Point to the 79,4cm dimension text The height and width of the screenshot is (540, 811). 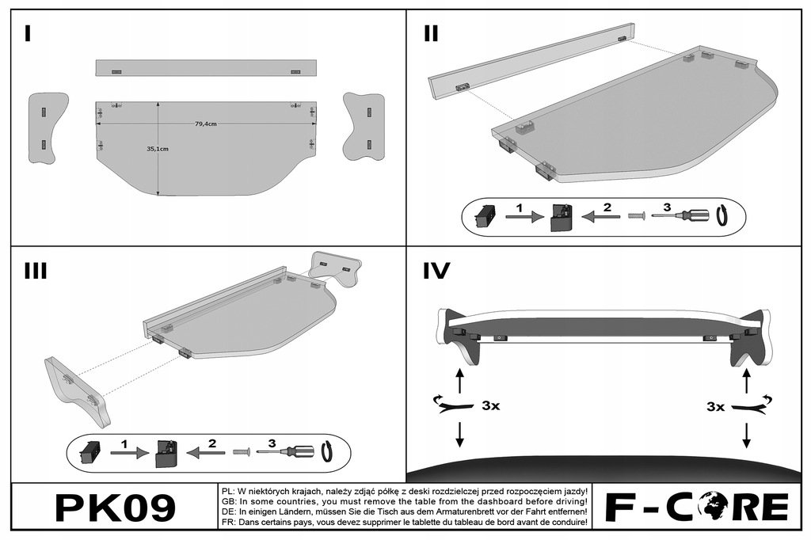(x=205, y=124)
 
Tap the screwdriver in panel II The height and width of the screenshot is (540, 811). (x=682, y=215)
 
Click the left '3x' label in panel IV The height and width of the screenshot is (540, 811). (x=490, y=406)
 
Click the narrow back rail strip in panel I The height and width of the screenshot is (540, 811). (x=205, y=67)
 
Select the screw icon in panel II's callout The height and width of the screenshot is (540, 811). (x=635, y=215)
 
